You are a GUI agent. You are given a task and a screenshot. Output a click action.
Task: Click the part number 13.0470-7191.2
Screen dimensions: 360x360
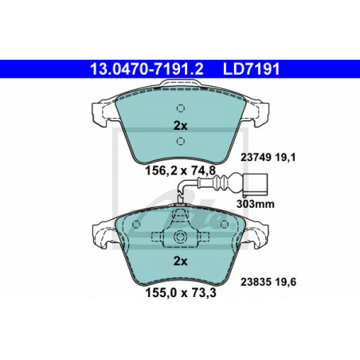[147, 69]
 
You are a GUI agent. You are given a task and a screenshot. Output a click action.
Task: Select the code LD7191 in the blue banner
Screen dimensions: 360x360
[251, 69]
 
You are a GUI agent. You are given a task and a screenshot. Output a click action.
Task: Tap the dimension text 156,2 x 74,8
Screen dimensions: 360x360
[180, 170]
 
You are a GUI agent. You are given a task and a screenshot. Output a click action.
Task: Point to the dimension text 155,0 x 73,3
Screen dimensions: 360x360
[181, 293]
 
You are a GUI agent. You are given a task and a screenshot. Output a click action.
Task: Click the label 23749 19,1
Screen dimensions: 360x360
[268, 158]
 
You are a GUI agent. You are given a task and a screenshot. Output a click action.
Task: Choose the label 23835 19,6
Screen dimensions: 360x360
[268, 282]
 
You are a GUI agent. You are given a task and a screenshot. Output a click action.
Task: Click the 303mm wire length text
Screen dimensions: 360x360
[256, 204]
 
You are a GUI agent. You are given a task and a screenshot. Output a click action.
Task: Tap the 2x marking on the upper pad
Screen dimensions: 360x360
[180, 126]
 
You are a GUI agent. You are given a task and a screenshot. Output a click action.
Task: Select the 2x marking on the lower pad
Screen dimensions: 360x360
[180, 261]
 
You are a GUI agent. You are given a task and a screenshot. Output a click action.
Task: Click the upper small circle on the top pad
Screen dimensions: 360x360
[181, 108]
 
